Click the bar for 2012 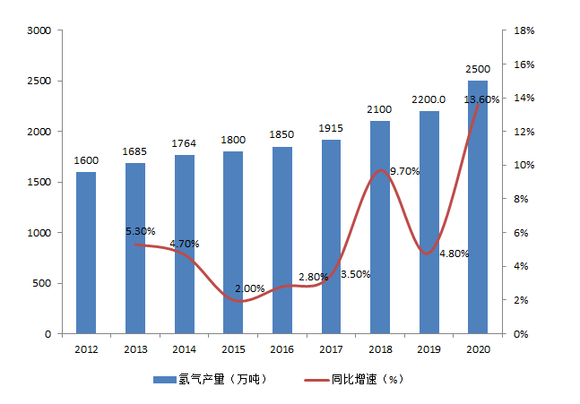tap(86, 253)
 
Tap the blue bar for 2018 tap(380, 228)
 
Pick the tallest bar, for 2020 tap(478, 207)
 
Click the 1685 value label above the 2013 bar tap(135, 151)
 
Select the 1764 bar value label tap(184, 143)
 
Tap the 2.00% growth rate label tap(249, 288)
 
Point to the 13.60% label tap(481, 99)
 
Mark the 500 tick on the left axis tap(41, 283)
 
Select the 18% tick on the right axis tap(524, 30)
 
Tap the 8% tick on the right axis tap(521, 199)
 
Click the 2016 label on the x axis tap(281, 349)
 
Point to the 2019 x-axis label tap(429, 349)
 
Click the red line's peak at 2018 tap(381, 170)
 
